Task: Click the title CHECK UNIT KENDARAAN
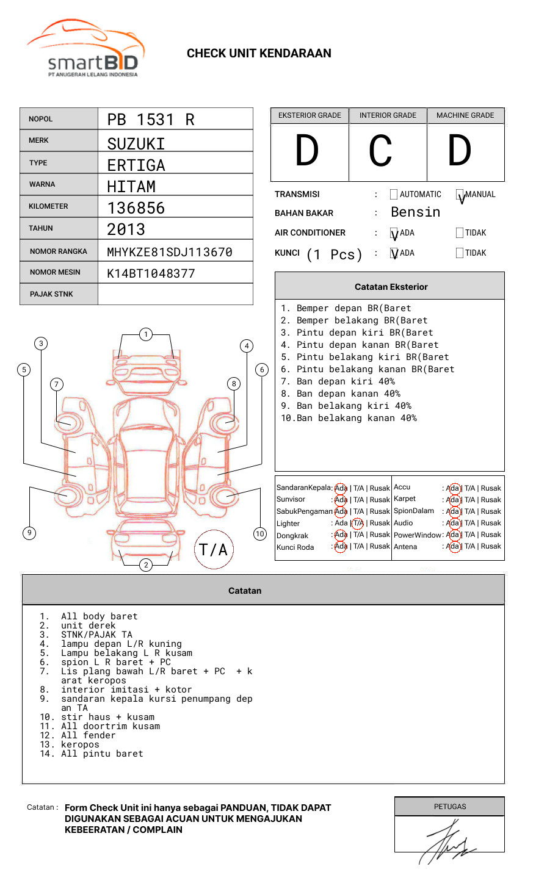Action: point(259,54)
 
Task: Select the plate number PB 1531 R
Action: point(151,120)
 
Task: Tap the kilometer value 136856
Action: point(136,208)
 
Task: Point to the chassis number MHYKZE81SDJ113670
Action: point(170,252)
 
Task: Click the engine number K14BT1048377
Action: point(151,273)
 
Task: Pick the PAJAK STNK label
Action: point(51,294)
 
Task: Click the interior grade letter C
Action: point(381,151)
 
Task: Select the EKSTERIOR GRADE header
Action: point(310,115)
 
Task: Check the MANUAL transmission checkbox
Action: point(460,195)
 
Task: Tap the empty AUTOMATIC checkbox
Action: point(394,195)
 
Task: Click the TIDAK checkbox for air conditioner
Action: point(460,232)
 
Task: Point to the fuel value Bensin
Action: point(415,212)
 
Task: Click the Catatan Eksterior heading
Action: point(391,287)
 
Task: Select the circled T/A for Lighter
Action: point(358,523)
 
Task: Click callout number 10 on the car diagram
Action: point(260,534)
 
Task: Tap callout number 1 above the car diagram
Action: point(145,334)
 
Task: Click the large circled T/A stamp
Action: point(214,550)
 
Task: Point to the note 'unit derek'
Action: point(88,625)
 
